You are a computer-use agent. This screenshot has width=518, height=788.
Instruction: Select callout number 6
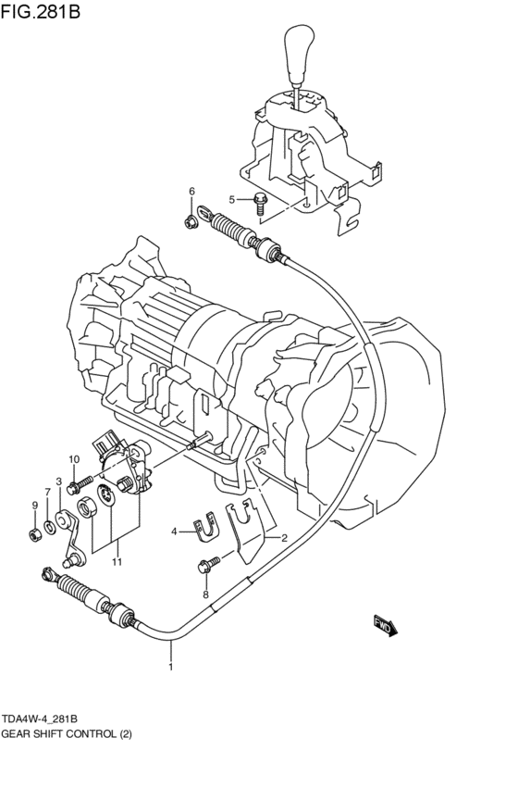tap(192, 192)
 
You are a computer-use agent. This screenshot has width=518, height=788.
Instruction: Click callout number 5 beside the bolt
tap(233, 198)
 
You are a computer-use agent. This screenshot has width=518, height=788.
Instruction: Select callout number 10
tap(73, 460)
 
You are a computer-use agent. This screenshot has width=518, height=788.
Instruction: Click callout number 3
tap(58, 481)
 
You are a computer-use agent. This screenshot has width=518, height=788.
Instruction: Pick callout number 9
tap(34, 506)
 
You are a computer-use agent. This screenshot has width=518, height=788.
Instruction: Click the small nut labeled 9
tap(34, 534)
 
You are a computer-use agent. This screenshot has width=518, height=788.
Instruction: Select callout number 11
tap(117, 561)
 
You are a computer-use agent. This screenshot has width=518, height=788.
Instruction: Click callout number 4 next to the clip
tap(173, 531)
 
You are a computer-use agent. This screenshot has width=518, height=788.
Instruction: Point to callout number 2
tap(283, 537)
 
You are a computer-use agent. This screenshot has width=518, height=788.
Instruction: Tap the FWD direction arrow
tap(385, 626)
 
